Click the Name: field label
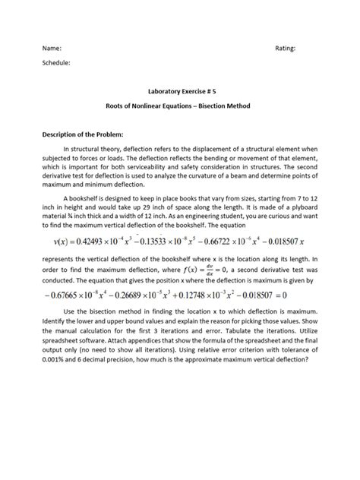point(49,48)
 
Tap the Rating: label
point(285,48)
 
